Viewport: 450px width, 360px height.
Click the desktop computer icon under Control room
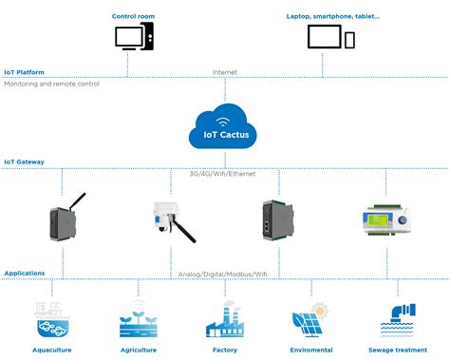[x=133, y=38]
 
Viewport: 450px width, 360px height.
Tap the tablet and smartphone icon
[x=330, y=38]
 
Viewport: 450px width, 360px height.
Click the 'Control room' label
[x=134, y=16]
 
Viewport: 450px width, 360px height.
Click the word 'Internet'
[x=224, y=71]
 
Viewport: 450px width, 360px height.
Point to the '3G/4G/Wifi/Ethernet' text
[x=224, y=174]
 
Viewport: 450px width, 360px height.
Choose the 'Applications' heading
[x=26, y=273]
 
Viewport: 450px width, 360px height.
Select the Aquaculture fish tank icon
[x=52, y=320]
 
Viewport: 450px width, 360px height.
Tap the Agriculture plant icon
[x=138, y=320]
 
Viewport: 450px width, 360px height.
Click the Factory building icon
[x=224, y=321]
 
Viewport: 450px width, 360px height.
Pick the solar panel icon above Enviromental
[x=309, y=320]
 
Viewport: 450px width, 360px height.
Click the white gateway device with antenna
[x=169, y=220]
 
